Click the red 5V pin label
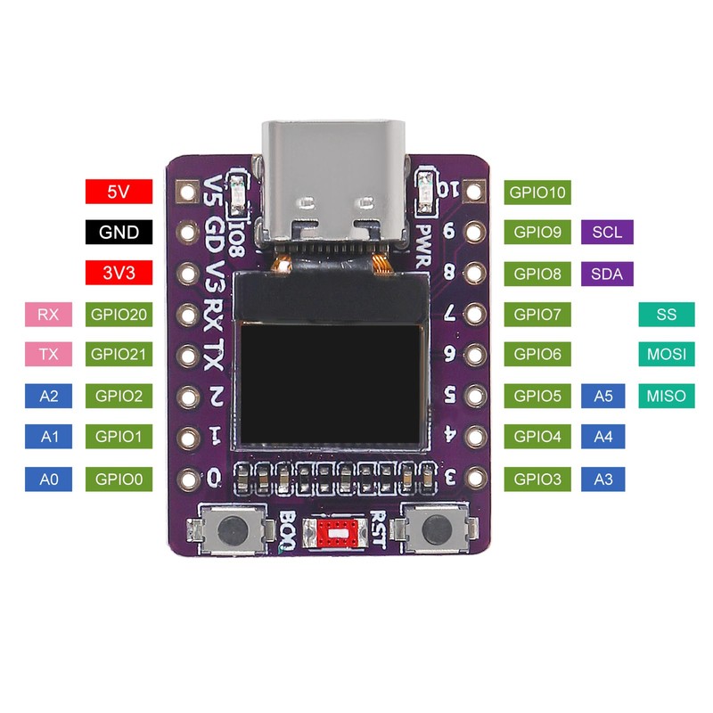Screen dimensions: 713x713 119,192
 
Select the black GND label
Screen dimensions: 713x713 119,232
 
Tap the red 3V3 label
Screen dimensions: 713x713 119,273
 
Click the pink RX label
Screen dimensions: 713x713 48,315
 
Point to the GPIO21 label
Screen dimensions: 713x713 119,354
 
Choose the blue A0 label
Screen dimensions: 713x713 48,479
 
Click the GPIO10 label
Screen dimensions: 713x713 537,192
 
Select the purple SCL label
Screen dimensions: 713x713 607,232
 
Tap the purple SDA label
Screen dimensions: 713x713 607,274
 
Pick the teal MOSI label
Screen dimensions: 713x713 667,354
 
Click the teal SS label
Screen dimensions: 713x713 667,315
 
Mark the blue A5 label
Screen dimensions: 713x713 603,396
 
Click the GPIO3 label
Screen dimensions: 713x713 537,479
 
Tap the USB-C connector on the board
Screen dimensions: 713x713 334,182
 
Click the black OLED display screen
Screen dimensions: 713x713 331,384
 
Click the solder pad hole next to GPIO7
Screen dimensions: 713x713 475,314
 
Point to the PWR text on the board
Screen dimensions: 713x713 424,245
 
